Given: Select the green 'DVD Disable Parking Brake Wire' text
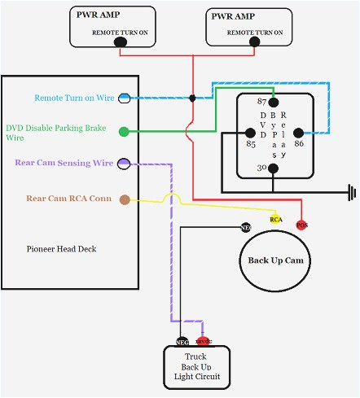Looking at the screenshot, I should (57, 133).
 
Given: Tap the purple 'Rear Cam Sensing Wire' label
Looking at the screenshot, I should (64, 163).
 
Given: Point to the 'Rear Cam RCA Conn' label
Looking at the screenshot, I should (68, 198).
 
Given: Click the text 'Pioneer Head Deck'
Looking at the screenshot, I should (61, 248).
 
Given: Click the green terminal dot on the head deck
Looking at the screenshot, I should (124, 130).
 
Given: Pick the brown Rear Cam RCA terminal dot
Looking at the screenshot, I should (124, 199).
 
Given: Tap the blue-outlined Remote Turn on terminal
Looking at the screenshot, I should (124, 98).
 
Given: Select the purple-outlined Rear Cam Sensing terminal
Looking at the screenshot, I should (124, 164).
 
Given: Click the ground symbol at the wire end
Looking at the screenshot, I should (351, 193).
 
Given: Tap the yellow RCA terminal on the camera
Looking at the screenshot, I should (276, 219).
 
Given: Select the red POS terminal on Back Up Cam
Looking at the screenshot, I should (301, 225).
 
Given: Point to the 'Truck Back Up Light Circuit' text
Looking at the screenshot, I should (195, 367).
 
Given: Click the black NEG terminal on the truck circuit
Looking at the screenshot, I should (183, 342).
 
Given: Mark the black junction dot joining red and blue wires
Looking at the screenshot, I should (192, 98).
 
